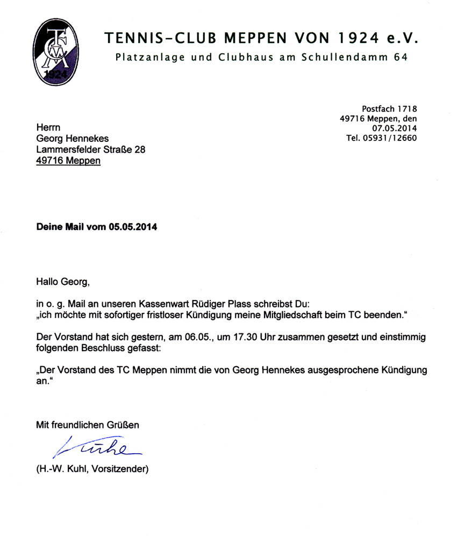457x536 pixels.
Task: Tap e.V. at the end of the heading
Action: [404, 39]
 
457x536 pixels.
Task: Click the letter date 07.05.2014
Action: [395, 128]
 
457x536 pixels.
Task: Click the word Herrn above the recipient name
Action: [48, 128]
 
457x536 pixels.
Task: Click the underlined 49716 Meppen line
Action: [68, 160]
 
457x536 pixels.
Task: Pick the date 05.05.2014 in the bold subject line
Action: [133, 227]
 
